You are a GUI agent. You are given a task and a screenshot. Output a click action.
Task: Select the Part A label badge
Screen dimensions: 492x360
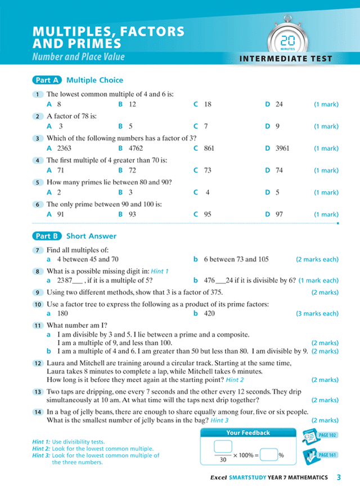click(47, 80)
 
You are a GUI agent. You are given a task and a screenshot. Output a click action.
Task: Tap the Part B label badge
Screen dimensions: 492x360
click(47, 236)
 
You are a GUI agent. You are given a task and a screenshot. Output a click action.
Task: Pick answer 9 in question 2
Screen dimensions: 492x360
click(277, 127)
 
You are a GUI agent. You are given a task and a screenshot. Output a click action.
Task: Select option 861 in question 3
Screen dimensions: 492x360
click(209, 148)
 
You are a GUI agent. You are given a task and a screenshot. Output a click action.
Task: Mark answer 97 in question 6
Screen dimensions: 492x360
click(279, 214)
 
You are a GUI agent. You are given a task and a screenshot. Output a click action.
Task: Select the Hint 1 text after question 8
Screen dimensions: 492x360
click(160, 271)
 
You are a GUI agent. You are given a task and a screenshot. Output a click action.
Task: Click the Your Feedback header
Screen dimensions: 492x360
click(247, 433)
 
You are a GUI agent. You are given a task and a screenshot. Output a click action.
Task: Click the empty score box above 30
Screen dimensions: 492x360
click(223, 446)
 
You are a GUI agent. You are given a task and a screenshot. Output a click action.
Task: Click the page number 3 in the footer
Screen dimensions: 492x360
click(339, 477)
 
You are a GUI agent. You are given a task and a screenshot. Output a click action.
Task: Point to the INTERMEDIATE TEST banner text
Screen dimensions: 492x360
click(286, 58)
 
